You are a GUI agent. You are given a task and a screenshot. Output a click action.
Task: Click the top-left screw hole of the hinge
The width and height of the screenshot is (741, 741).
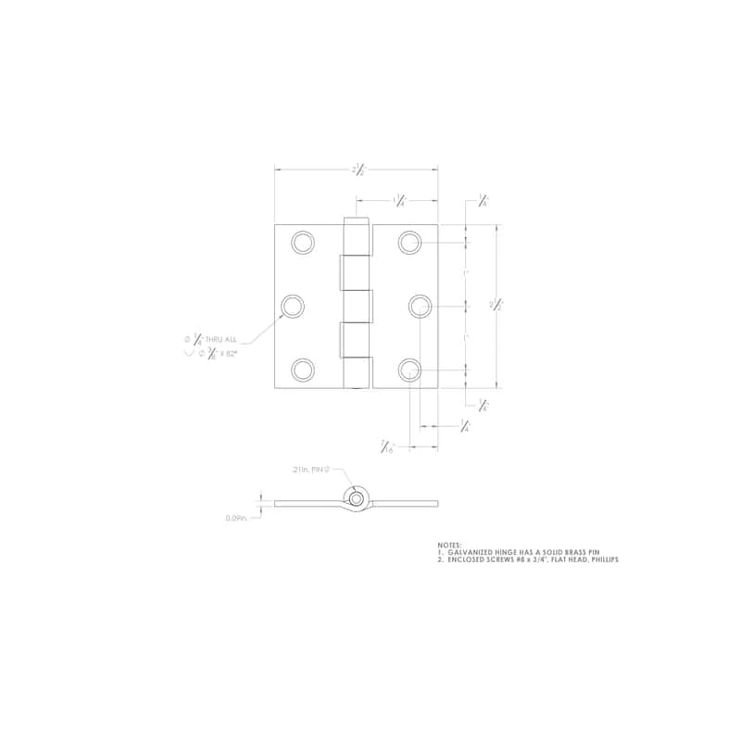tap(302, 243)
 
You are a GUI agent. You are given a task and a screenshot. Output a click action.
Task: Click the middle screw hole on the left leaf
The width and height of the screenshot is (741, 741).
tap(294, 306)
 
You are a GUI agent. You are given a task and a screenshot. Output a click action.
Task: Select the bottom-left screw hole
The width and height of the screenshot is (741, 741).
tap(302, 370)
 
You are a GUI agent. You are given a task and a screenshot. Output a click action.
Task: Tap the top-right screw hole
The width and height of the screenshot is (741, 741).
tap(410, 243)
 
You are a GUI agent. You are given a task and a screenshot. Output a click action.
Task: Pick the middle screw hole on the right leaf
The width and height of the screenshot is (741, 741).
tap(420, 306)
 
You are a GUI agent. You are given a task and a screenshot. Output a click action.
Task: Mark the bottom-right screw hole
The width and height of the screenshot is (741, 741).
tap(410, 370)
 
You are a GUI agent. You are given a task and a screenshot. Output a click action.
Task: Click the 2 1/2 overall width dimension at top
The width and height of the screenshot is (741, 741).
tap(358, 170)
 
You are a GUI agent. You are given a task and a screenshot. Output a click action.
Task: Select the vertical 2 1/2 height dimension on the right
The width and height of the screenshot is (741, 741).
tap(496, 306)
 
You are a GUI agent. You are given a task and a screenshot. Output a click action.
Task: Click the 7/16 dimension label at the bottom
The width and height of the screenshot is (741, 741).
tap(388, 447)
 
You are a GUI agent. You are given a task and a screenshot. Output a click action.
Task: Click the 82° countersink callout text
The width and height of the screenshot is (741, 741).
tap(219, 353)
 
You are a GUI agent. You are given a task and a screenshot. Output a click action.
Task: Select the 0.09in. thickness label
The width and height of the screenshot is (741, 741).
tap(237, 519)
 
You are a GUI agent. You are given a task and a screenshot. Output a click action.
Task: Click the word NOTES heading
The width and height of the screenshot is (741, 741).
tap(450, 545)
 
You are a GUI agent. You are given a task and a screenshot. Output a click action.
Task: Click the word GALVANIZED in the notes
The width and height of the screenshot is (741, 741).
tap(468, 552)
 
